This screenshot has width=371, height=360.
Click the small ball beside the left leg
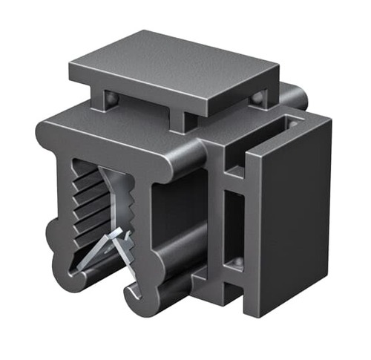click(111, 99)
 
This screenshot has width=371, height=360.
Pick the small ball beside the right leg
click(256, 97)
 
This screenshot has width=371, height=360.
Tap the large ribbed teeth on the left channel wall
click(85, 197)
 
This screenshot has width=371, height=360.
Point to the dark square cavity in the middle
click(178, 215)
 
